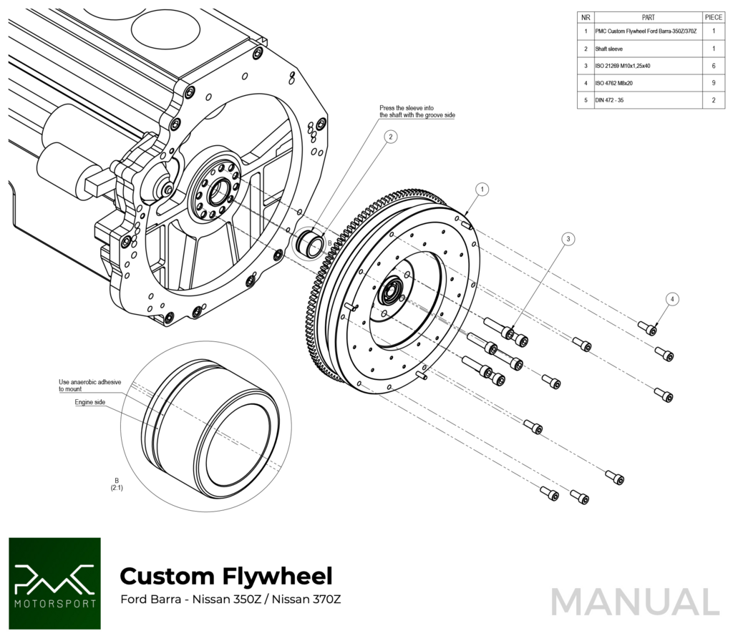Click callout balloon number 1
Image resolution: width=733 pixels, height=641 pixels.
tap(482, 190)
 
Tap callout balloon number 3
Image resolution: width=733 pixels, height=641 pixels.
tap(567, 240)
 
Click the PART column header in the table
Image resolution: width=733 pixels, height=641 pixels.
tap(648, 17)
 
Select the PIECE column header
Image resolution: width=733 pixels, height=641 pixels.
tap(713, 17)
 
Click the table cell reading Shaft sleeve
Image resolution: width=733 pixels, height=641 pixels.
tap(608, 49)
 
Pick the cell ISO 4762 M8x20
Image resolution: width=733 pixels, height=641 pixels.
tap(614, 83)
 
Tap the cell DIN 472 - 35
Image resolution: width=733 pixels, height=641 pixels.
tap(609, 100)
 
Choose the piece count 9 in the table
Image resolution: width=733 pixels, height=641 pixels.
tap(713, 83)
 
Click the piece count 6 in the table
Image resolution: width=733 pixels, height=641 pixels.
tap(713, 66)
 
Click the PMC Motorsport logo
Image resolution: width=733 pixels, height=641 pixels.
tap(54, 584)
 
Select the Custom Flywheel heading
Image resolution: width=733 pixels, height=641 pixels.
tap(225, 575)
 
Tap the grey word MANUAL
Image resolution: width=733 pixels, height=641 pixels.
tap(634, 602)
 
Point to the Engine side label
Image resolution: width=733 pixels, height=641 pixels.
tap(90, 402)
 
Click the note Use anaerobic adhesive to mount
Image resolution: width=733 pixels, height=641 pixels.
tap(90, 386)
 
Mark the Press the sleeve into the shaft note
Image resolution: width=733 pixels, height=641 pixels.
tap(417, 112)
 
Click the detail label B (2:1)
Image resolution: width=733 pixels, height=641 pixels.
tap(116, 484)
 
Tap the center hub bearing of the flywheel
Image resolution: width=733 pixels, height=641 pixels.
tap(392, 292)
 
